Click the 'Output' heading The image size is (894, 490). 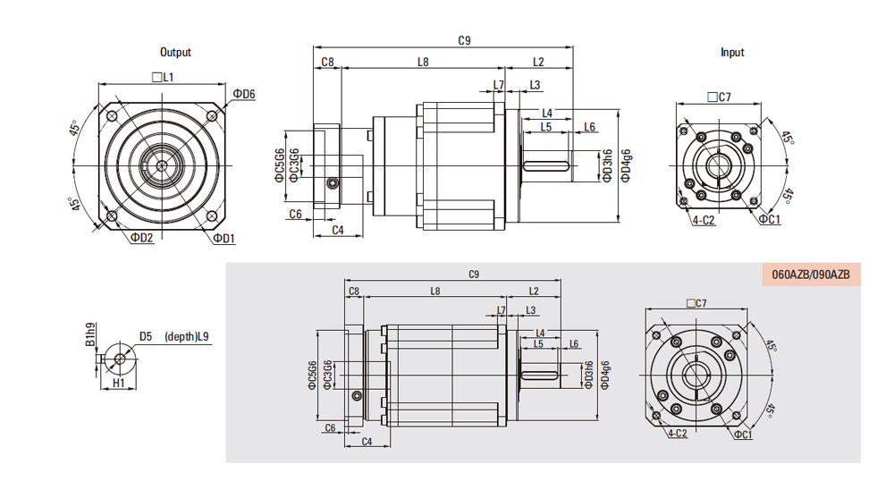tap(175, 53)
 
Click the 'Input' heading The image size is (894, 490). tap(732, 53)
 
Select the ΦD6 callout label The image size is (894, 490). tap(244, 94)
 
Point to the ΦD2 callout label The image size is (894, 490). tap(141, 238)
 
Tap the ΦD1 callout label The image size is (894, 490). tap(223, 239)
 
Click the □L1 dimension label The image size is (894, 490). tap(163, 79)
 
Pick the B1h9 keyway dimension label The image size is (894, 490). tap(89, 335)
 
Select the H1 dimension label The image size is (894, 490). tap(118, 383)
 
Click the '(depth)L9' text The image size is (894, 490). tap(188, 337)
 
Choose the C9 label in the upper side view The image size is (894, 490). tap(464, 40)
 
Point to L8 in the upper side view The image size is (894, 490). tap(423, 62)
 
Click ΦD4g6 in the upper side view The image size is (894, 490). tap(626, 165)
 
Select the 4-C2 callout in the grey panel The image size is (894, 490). tap(678, 435)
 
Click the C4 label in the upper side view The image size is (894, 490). tap(338, 231)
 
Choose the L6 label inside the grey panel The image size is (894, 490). tap(573, 343)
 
